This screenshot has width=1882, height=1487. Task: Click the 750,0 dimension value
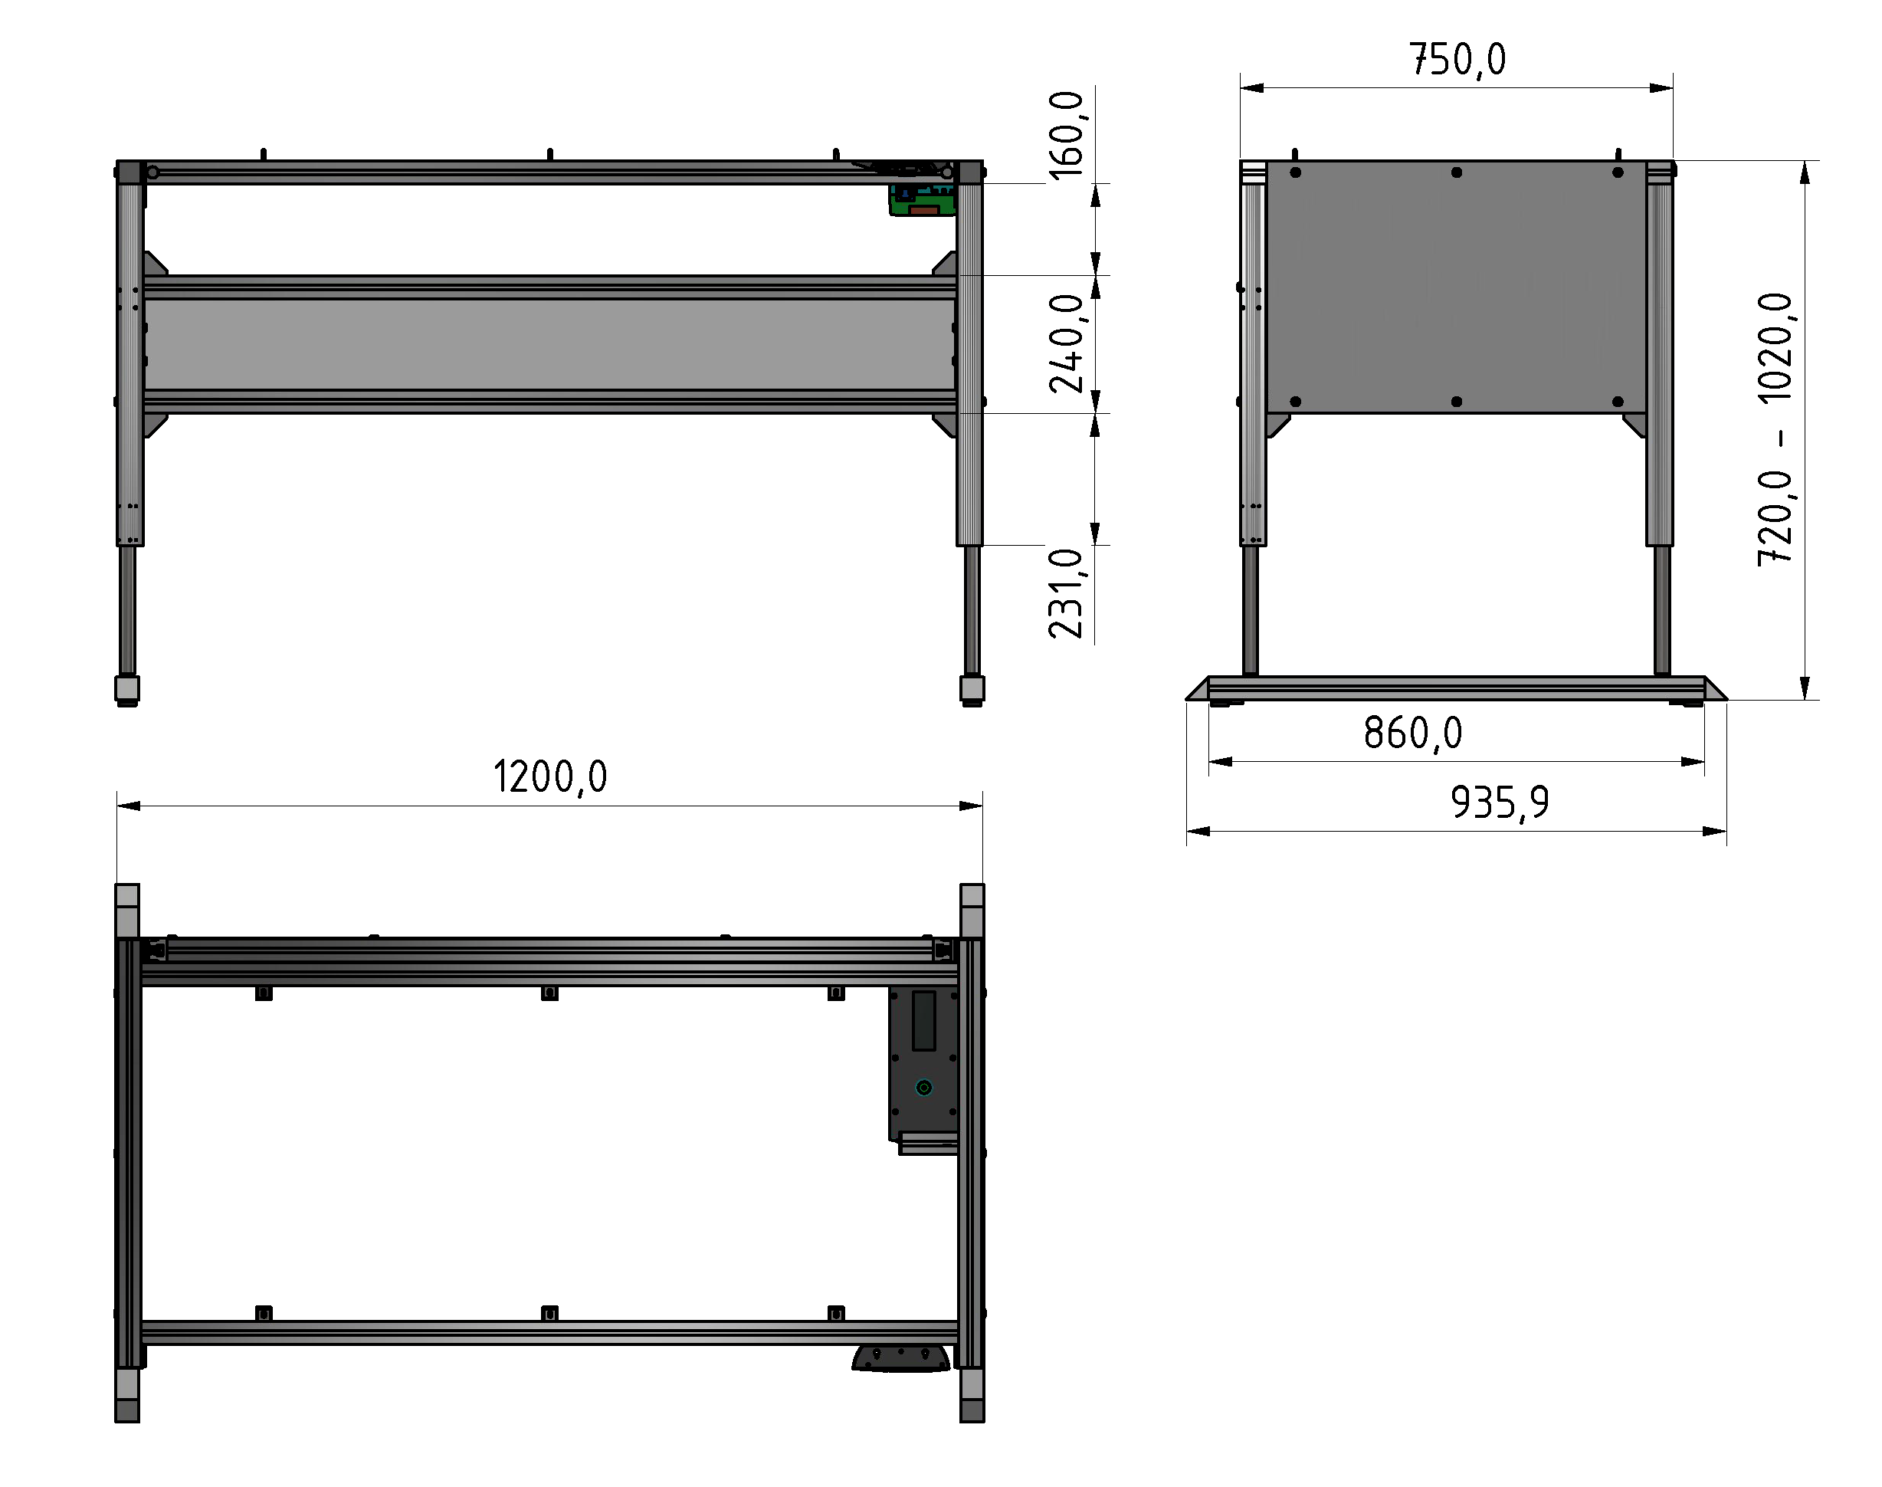1457,60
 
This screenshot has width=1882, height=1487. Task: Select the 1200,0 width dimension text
550,776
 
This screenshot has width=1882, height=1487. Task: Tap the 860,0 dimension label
1413,733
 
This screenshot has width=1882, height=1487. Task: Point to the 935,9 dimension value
1499,803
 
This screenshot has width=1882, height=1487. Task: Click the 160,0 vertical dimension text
1067,135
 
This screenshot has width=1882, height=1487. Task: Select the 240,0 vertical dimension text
1067,343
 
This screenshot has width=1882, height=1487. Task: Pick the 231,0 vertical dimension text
1067,594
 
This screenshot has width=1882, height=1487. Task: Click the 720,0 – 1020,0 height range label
1775,430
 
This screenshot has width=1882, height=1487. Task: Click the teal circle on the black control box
923,1088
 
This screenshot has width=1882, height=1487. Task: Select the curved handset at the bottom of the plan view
901,1359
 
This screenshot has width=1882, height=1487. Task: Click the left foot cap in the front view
127,690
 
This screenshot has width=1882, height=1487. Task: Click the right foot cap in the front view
972,690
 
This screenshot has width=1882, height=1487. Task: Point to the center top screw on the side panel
1457,172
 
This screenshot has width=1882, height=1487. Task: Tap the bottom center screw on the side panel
1457,402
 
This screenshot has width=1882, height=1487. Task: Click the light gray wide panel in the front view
550,344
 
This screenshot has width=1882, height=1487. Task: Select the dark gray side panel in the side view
1457,287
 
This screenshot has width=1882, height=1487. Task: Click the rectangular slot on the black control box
923,1020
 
